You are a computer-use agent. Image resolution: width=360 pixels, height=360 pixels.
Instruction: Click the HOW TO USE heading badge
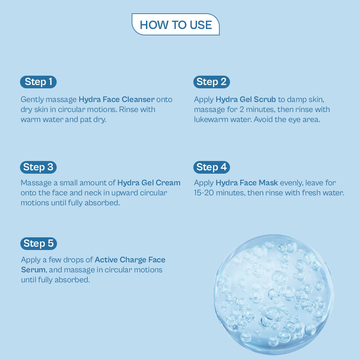[x=176, y=24]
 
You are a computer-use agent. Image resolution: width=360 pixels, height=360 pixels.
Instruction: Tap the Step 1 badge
[x=38, y=82]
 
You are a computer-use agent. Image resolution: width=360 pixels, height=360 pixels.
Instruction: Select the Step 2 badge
[x=211, y=82]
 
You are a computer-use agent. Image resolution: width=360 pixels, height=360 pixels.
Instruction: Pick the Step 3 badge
[x=38, y=167]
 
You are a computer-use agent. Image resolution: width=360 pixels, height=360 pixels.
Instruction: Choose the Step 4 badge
[x=211, y=167]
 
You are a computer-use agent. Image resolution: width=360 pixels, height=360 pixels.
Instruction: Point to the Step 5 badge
[x=39, y=244]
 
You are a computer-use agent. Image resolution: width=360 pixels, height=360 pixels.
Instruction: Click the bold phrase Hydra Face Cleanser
[x=117, y=99]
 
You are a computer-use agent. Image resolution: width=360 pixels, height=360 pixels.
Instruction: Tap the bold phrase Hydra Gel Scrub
[x=246, y=99]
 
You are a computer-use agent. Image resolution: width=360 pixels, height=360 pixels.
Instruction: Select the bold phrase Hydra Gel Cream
[x=149, y=183]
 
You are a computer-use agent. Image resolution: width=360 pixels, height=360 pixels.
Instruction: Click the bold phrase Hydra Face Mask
[x=247, y=183]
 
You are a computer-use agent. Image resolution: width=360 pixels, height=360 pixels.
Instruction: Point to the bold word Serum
[x=33, y=270]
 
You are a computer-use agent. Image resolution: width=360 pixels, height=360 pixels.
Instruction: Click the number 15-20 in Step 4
[x=204, y=193]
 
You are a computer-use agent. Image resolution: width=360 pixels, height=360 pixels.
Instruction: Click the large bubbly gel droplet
[x=273, y=295]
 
